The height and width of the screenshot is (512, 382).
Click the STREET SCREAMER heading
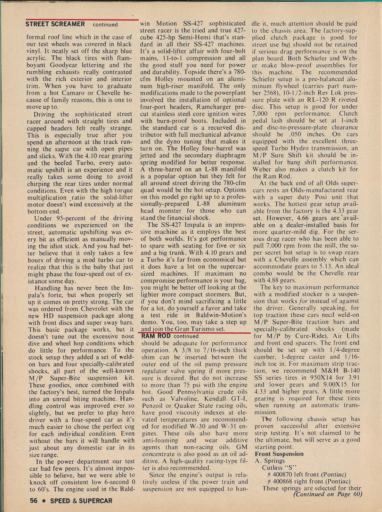(x=55, y=24)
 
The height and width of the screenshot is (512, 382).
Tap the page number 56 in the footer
(x=34, y=500)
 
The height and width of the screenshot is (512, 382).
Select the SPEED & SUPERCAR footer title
(x=81, y=500)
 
